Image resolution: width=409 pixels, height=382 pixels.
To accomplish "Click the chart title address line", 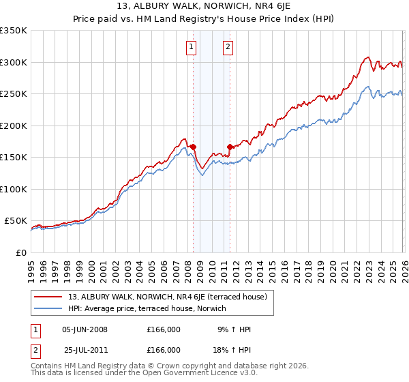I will tap(204, 7).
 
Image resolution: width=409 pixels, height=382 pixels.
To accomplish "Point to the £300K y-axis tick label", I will tap(14, 62).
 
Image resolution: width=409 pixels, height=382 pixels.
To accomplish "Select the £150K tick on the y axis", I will tap(14, 158).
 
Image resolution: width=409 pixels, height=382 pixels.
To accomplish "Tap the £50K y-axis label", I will tap(16, 221).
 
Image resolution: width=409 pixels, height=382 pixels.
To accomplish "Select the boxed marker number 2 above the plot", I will tap(228, 47).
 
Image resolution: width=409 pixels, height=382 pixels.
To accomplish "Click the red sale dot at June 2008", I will tap(193, 147).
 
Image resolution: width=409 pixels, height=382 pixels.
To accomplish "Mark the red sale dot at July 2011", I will tap(230, 147).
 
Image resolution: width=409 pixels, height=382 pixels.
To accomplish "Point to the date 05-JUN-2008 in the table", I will tap(85, 329).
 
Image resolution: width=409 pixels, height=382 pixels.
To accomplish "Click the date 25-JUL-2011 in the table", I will tap(85, 349).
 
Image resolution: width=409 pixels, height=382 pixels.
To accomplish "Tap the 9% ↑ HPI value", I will tap(234, 329).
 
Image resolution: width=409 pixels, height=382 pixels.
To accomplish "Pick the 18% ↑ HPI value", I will tap(234, 349).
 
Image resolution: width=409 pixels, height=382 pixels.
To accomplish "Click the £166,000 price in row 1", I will tap(164, 329).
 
